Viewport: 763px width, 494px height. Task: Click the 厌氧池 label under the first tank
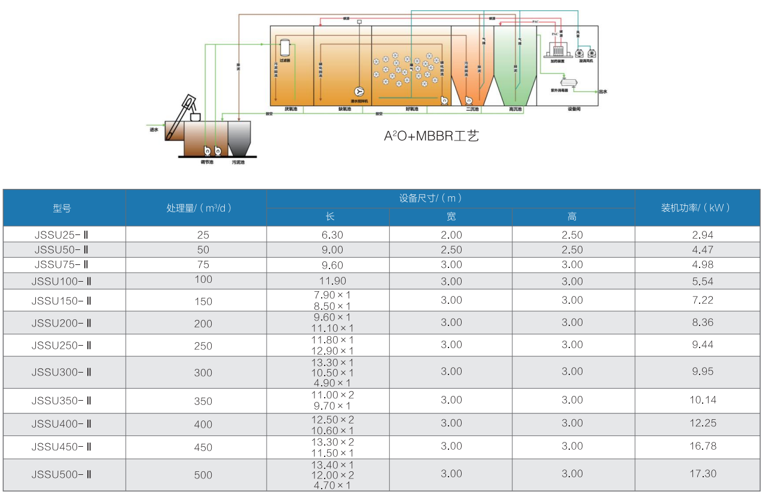tap(291, 109)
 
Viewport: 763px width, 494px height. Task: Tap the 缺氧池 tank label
tap(345, 109)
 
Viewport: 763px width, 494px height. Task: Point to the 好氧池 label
tap(412, 109)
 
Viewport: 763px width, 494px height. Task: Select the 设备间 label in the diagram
tap(574, 109)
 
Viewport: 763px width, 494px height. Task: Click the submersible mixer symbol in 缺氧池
tap(359, 92)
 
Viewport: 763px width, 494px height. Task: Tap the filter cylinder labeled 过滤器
tap(285, 47)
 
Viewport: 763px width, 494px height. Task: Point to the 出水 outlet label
tap(603, 92)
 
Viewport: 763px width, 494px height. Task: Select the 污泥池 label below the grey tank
tap(239, 162)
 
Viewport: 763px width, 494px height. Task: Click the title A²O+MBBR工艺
tap(431, 136)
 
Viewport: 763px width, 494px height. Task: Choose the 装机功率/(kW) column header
tap(697, 208)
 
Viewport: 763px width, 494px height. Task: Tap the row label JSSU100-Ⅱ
tap(62, 281)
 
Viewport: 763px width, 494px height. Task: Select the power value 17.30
tap(702, 474)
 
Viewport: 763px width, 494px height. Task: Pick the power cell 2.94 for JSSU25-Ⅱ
tap(702, 235)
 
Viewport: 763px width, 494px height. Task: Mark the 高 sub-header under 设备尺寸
tap(572, 216)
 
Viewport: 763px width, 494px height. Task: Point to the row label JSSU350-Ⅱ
tap(62, 401)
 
